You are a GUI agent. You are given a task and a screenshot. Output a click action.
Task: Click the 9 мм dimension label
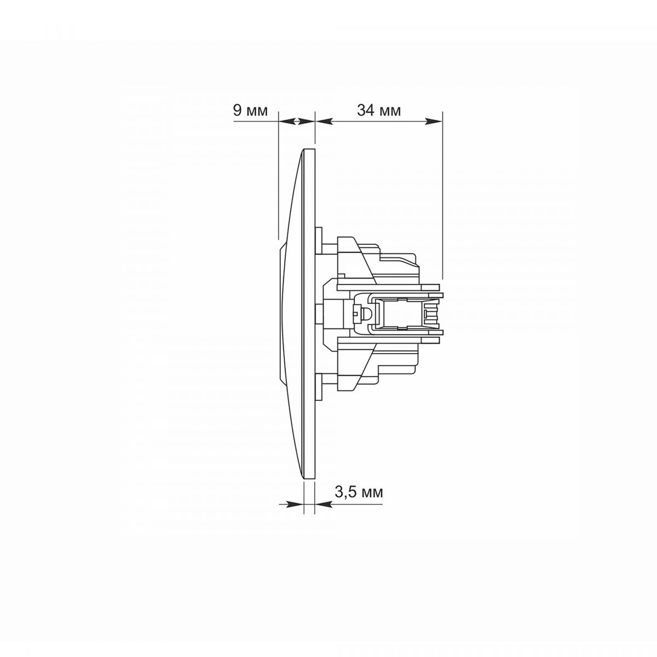pos(250,111)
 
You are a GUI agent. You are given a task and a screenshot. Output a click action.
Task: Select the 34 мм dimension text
pos(379,111)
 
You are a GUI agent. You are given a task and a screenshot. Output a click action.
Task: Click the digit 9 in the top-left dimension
pos(237,111)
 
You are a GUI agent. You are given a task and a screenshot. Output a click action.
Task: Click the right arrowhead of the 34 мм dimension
pos(433,122)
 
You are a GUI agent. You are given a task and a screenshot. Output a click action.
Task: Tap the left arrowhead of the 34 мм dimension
pos(324,122)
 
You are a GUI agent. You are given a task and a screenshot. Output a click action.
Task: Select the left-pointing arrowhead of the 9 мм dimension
pos(287,122)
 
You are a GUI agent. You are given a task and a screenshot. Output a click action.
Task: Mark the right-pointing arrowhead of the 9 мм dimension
pos(306,122)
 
